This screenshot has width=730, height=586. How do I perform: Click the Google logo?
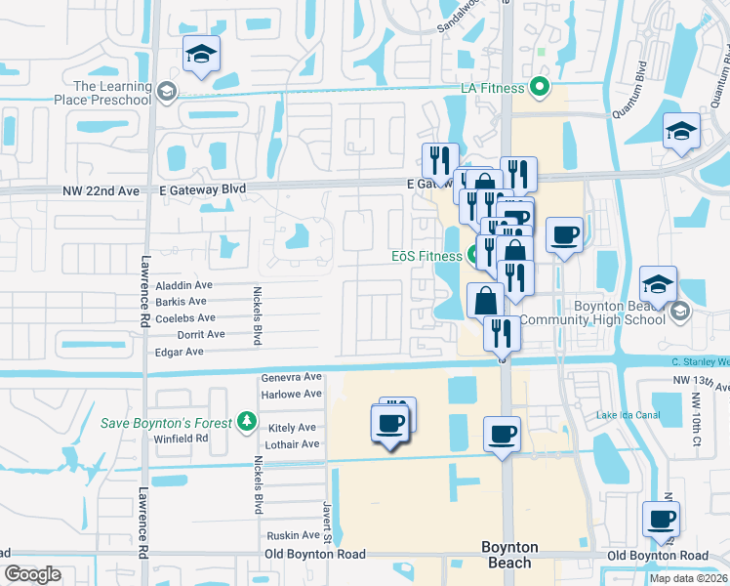click(32, 574)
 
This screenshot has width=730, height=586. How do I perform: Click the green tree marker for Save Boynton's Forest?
click(248, 422)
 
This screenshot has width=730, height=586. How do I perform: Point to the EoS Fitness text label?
click(426, 257)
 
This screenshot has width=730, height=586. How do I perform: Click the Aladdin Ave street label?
click(183, 285)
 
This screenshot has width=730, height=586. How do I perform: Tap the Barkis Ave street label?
click(181, 302)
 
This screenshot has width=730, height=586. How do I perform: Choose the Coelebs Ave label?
click(185, 318)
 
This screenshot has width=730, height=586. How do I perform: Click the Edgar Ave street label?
click(180, 352)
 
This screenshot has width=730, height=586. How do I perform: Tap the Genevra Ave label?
click(291, 377)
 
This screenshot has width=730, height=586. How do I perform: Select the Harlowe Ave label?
click(291, 394)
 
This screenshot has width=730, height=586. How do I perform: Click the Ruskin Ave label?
click(294, 535)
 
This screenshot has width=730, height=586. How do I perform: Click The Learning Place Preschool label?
click(113, 93)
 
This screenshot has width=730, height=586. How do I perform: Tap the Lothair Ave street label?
click(292, 444)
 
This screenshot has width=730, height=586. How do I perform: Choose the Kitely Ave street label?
click(292, 428)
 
